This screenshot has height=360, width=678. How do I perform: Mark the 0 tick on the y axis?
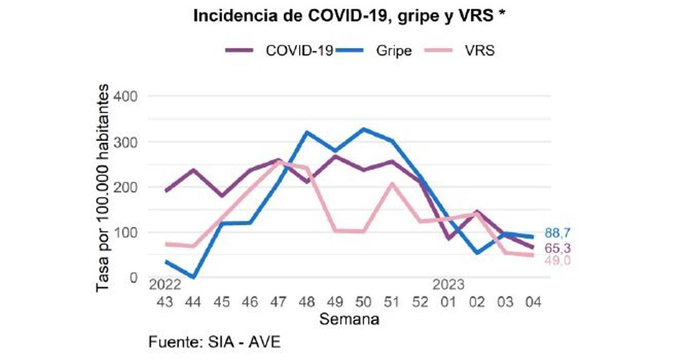(133, 277)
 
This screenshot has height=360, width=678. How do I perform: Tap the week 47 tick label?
(277, 302)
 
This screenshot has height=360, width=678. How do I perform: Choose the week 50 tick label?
(363, 302)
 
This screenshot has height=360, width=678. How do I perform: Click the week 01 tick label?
(448, 302)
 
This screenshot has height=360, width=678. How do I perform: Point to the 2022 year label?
(164, 284)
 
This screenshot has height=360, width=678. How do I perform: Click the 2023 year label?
(448, 284)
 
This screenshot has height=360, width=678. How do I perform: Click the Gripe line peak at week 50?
(363, 129)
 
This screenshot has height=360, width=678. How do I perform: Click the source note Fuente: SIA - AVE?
(214, 342)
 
